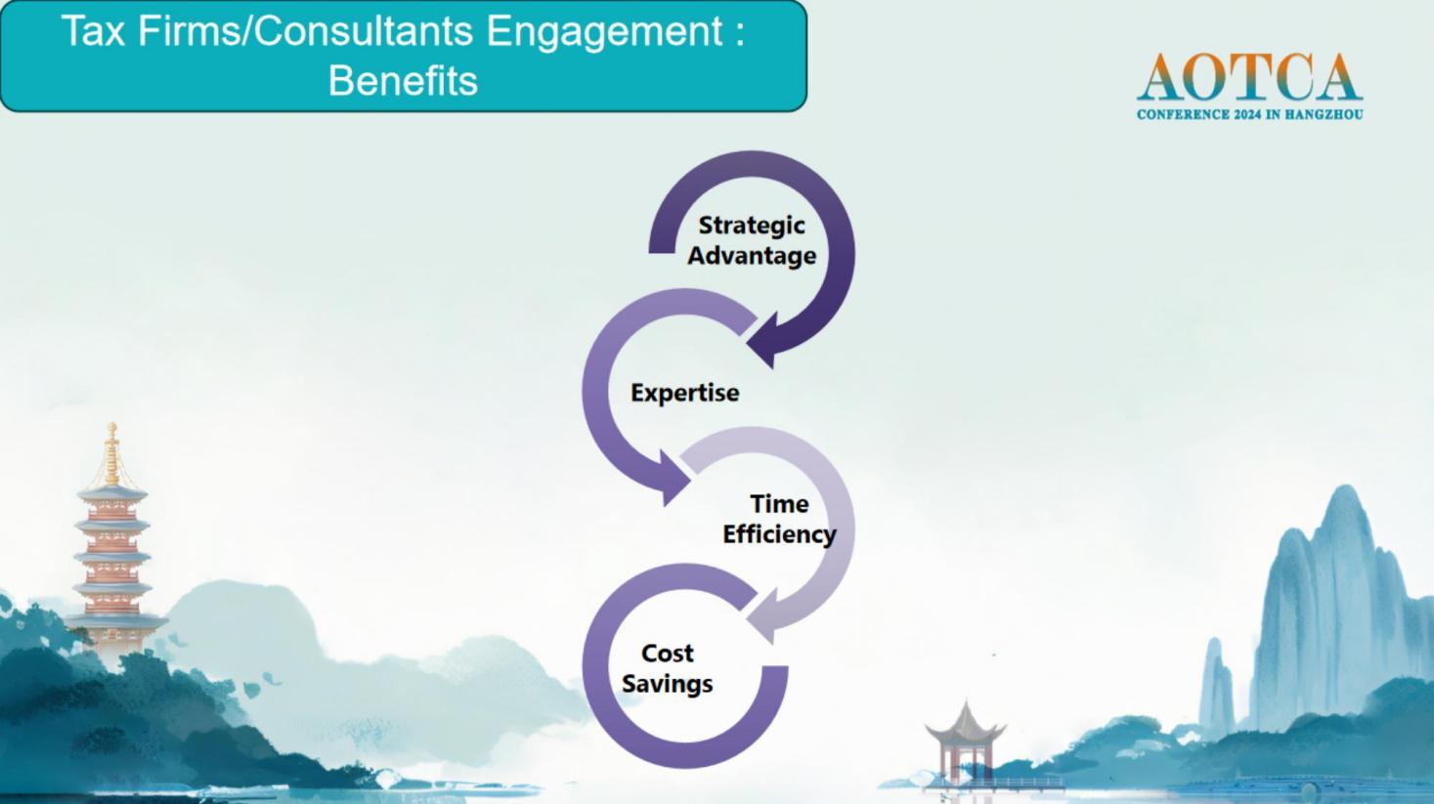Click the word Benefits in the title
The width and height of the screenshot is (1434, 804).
(403, 80)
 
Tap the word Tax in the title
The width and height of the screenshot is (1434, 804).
(93, 30)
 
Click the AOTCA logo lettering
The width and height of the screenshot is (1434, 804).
(1249, 77)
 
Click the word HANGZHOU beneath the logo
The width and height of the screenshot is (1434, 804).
(1324, 115)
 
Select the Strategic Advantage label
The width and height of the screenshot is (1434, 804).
(752, 240)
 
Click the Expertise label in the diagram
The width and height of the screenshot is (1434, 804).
(685, 392)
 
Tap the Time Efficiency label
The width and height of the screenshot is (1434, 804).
(779, 519)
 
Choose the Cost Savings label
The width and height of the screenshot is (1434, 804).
(667, 668)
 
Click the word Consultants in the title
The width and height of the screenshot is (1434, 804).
(365, 30)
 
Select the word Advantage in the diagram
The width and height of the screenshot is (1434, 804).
(752, 256)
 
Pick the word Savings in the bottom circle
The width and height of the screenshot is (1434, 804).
(667, 684)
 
